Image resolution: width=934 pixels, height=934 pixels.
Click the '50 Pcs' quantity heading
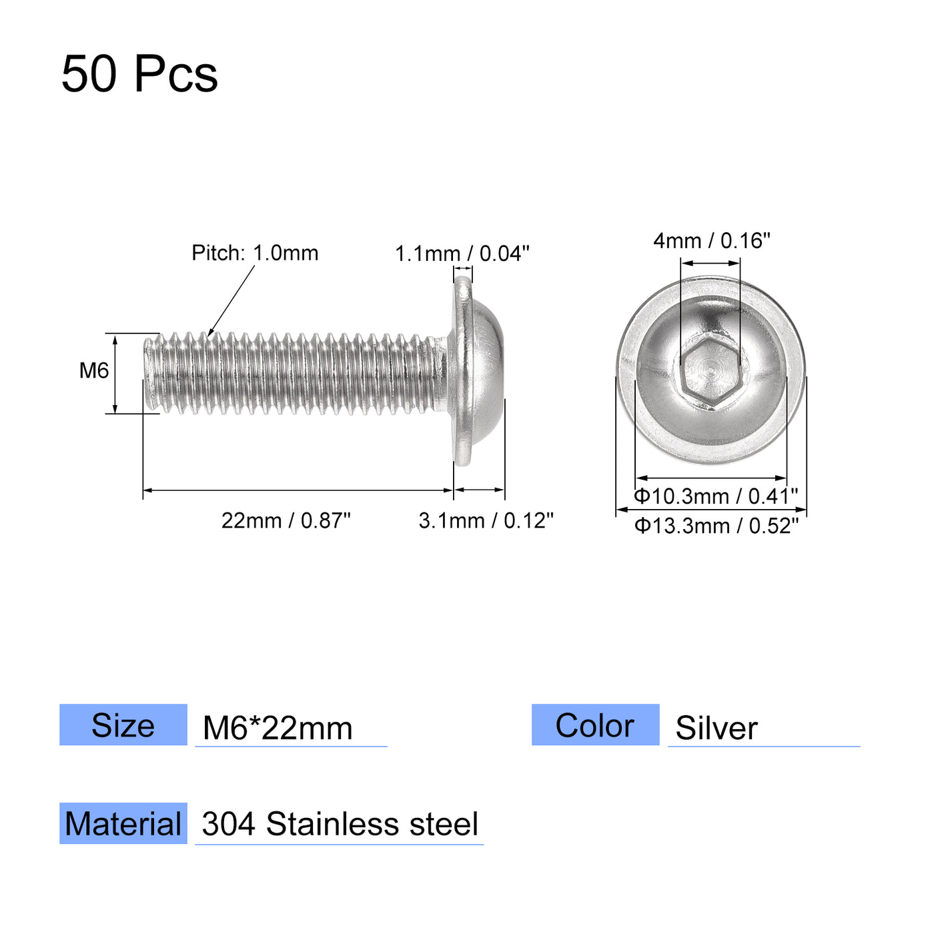click(x=139, y=73)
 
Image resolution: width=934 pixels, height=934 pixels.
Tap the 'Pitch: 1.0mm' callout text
click(x=255, y=253)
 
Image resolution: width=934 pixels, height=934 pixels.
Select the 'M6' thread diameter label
click(x=93, y=370)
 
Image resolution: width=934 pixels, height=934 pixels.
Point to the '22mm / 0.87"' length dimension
click(x=286, y=520)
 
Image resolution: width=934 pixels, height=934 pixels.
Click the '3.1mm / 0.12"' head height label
click(x=486, y=520)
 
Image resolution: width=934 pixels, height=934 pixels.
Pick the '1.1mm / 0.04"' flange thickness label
click(x=462, y=254)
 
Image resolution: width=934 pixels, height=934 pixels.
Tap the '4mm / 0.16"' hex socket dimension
click(x=711, y=240)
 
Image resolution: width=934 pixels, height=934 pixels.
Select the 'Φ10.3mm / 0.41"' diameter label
click(x=715, y=496)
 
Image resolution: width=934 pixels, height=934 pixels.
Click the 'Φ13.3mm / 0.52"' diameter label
click(x=716, y=526)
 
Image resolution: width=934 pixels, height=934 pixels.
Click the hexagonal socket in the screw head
click(x=711, y=372)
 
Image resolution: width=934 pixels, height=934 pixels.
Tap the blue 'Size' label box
click(x=123, y=725)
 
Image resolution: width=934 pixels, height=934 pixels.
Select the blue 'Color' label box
click(x=595, y=725)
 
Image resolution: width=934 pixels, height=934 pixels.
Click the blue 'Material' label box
click(x=123, y=823)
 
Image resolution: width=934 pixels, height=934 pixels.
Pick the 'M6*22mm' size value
click(x=278, y=728)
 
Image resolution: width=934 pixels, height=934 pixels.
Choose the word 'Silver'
click(x=717, y=728)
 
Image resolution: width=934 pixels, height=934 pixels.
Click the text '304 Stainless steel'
click(x=340, y=825)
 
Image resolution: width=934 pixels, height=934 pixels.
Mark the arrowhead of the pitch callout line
click(x=210, y=333)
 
